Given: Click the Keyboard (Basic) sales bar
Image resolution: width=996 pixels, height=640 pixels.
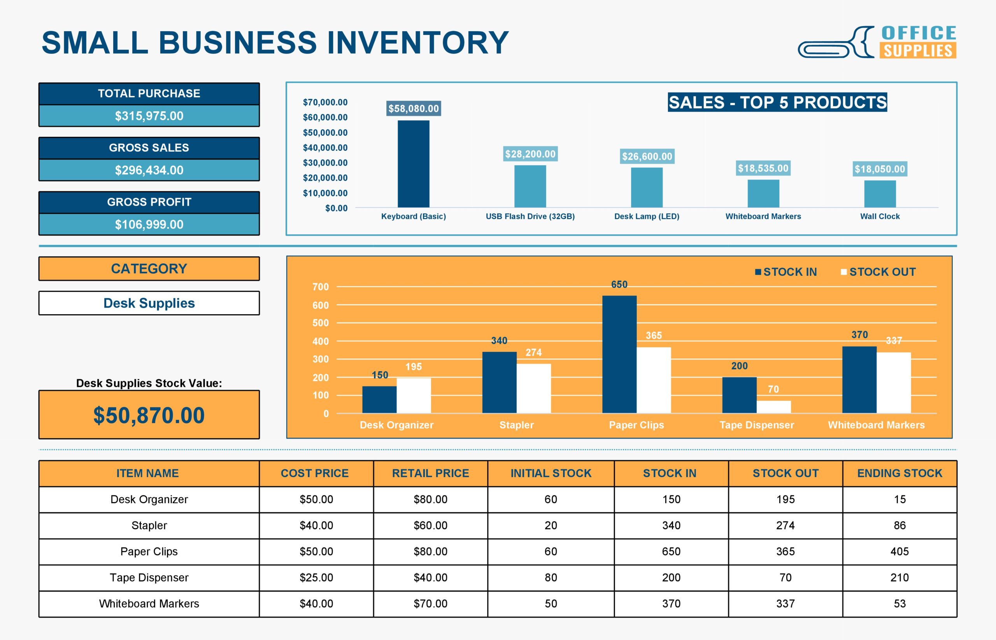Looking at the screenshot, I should pos(413,164).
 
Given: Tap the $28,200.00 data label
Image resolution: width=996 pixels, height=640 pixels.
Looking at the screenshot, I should pos(530,154).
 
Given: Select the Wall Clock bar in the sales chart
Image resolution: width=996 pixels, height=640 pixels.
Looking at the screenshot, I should pos(880,194).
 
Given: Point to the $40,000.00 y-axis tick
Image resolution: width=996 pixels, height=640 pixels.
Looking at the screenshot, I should pos(325,147).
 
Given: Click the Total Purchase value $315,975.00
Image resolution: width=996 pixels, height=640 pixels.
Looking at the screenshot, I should pos(149,116).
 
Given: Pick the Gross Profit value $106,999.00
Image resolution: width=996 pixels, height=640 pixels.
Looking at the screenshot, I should pos(149,224).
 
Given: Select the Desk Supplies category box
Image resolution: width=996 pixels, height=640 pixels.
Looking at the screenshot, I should pos(149,303).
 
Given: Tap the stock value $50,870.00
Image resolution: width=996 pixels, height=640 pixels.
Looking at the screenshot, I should pos(149,415).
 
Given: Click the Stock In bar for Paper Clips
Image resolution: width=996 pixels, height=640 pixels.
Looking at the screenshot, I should pos(619,354).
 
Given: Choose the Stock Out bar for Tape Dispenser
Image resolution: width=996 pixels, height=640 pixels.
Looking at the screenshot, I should pos(773,406).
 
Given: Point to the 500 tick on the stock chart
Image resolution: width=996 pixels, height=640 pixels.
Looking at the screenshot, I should pos(320,323).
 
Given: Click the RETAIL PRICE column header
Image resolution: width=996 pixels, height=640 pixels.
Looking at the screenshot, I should pos(430,473).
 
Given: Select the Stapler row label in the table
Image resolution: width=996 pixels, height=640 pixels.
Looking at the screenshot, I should pos(149,525).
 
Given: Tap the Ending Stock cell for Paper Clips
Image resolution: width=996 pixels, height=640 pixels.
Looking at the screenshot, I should pos(899,551).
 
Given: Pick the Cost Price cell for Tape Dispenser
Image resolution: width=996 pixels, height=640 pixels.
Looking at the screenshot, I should pos(316,577).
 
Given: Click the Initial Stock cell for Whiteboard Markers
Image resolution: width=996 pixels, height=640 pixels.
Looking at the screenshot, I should pos(551,603).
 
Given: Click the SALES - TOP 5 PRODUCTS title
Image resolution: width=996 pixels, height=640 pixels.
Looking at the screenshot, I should pos(777,102).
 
